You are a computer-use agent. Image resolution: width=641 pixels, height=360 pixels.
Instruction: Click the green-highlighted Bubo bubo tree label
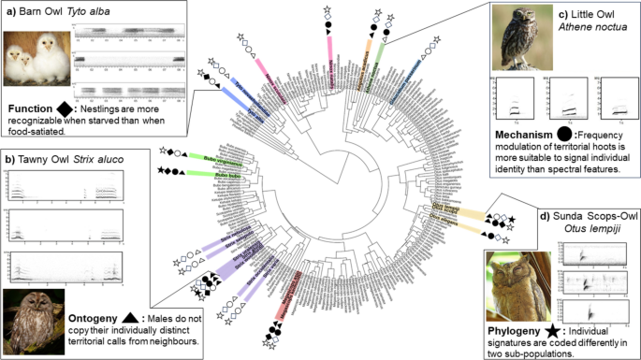click(214, 175)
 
